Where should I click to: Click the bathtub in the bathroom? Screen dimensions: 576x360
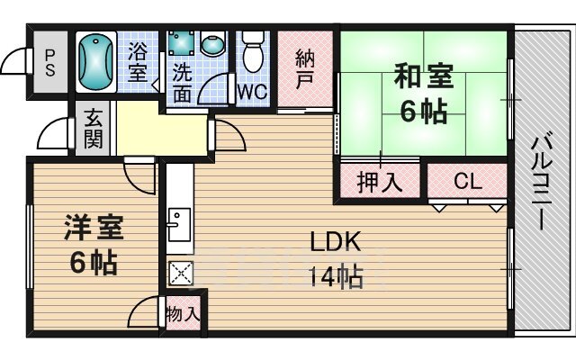tap(96, 61)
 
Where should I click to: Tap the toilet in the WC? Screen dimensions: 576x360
tap(253, 51)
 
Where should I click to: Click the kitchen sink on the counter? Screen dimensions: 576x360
tap(179, 224)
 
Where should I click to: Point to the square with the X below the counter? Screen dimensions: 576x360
tap(180, 273)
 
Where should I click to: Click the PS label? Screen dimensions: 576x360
tap(50, 63)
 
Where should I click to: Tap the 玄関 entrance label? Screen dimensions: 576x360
tap(93, 129)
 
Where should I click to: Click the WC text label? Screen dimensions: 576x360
tap(253, 92)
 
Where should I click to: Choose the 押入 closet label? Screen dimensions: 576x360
tap(380, 182)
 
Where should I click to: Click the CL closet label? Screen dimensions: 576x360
tap(468, 180)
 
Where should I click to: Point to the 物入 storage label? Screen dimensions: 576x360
tap(183, 314)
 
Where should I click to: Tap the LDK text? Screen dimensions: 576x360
tap(335, 241)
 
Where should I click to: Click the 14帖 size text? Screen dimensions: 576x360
tap(336, 276)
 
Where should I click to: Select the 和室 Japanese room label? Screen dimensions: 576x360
tap(423, 76)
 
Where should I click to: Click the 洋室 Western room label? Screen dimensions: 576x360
tap(94, 228)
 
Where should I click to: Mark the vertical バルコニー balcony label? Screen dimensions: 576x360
tap(542, 183)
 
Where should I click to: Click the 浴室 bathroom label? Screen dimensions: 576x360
tap(138, 62)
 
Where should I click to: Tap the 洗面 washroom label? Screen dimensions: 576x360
tap(182, 83)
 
